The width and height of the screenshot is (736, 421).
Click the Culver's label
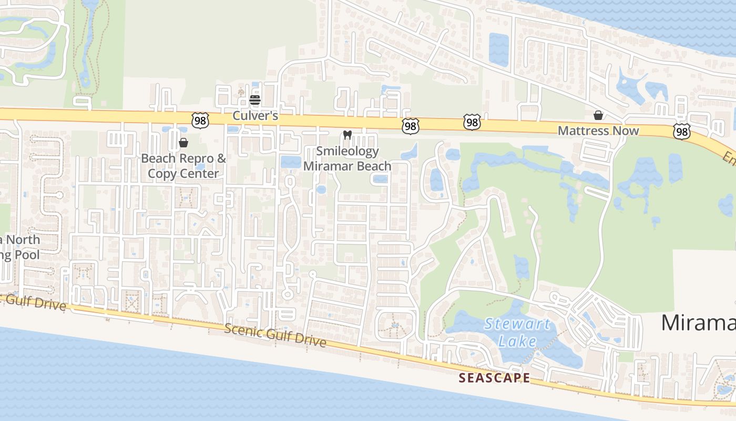[x=255, y=115]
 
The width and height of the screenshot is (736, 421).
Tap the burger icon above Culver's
[x=255, y=99]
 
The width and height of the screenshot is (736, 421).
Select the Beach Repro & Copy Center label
[x=183, y=166]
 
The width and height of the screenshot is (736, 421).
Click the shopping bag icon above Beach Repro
[x=183, y=142]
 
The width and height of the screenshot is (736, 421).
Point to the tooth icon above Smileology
[x=346, y=135]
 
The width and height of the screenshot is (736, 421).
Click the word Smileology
[x=347, y=152]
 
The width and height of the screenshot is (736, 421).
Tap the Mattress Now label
[x=598, y=131]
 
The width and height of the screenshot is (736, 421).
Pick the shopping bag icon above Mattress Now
[x=598, y=115]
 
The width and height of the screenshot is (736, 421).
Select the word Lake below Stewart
[x=518, y=341]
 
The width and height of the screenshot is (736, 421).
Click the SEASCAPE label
[x=494, y=378]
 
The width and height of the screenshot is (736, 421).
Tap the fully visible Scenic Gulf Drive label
[x=275, y=335]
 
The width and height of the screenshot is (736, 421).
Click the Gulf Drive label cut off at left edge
[x=34, y=302]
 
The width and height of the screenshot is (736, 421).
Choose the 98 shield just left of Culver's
[x=201, y=121]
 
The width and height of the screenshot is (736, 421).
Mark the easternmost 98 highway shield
[x=681, y=132]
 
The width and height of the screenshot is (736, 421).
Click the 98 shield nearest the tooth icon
[x=411, y=125]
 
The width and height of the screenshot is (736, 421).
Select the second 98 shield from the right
[x=472, y=122]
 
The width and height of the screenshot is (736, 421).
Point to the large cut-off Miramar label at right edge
[x=698, y=323]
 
